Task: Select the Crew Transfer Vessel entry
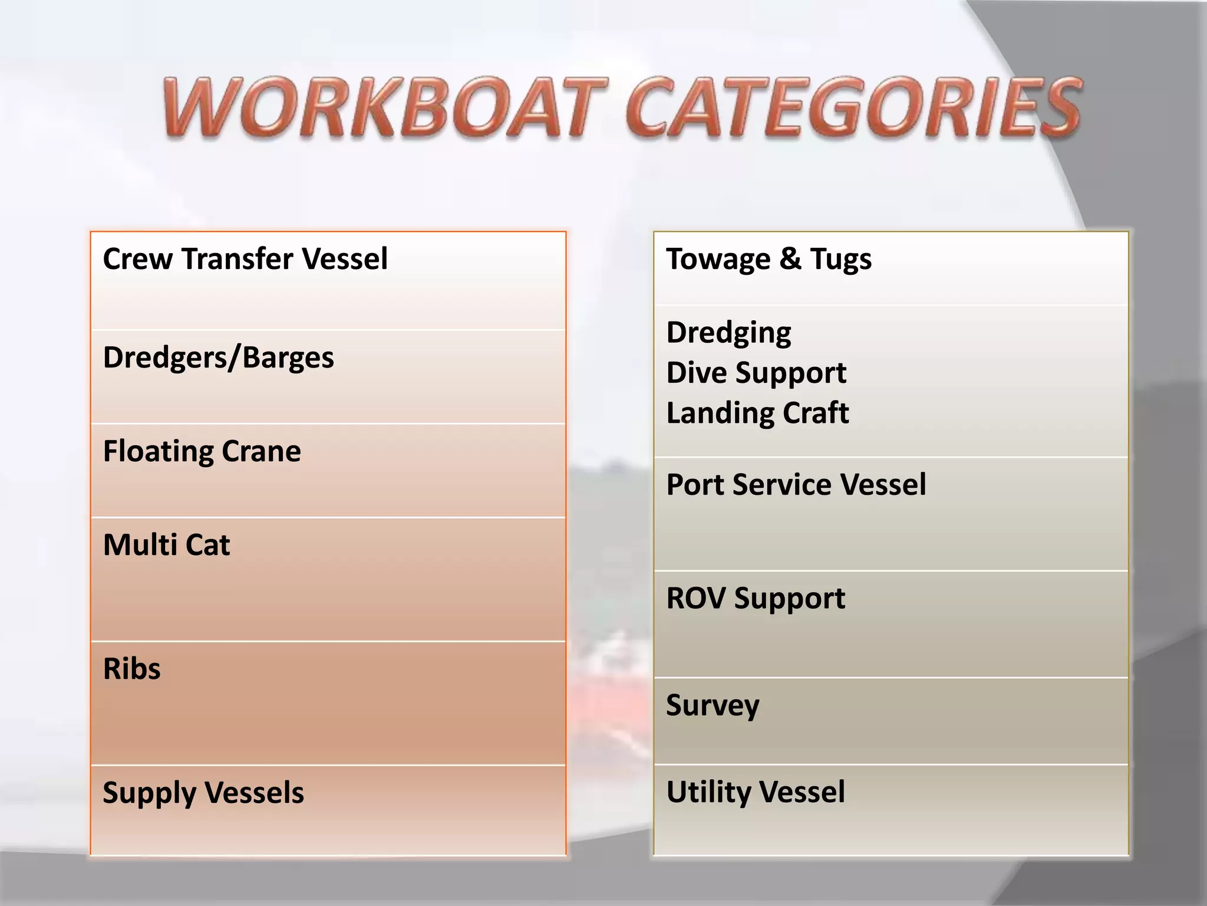pos(245,260)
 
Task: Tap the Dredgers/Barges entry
pos(218,358)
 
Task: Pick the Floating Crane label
pos(202,452)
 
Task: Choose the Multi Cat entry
pos(166,545)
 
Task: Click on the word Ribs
pos(131,669)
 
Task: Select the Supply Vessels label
pos(203,793)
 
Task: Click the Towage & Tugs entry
pos(769,260)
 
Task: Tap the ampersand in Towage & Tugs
pos(790,260)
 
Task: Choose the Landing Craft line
pos(757,413)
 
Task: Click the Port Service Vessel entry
pos(796,485)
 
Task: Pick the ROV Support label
pos(756,599)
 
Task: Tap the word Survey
pos(713,705)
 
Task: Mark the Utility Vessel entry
pos(756,792)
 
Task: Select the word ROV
pos(696,598)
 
